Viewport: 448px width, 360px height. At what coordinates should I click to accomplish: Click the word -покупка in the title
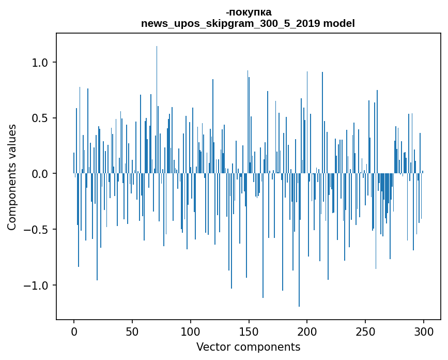249,12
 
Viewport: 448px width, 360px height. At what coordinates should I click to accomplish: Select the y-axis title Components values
12,177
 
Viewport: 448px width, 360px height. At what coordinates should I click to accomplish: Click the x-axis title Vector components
248,347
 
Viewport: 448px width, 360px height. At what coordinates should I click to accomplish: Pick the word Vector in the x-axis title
212,347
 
